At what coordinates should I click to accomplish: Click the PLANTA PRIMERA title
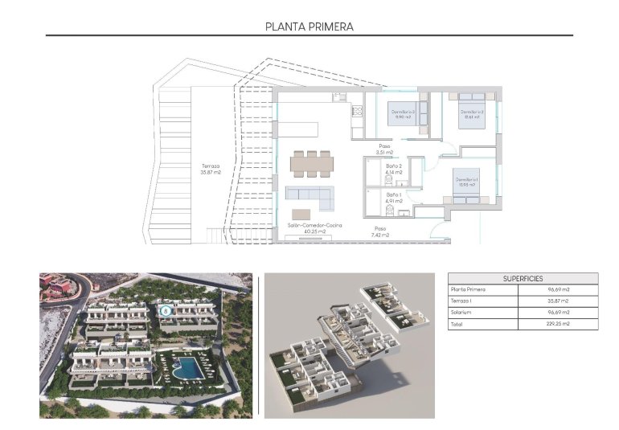coord(309,27)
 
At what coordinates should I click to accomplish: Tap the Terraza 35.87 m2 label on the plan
coord(211,170)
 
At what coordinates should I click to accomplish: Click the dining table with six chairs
coord(311,163)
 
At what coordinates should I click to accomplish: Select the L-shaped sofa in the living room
coord(310,194)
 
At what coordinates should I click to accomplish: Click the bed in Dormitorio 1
coord(466,185)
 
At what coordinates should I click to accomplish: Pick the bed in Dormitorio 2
coord(470,113)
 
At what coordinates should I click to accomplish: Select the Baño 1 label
coord(393,197)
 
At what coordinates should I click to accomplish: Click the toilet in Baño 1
coord(390,211)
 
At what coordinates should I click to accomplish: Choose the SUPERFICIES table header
coord(523,279)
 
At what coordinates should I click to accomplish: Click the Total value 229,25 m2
coord(580,324)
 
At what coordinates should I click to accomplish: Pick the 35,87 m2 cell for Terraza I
coord(580,301)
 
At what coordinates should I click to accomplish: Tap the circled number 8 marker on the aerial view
coord(166,309)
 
